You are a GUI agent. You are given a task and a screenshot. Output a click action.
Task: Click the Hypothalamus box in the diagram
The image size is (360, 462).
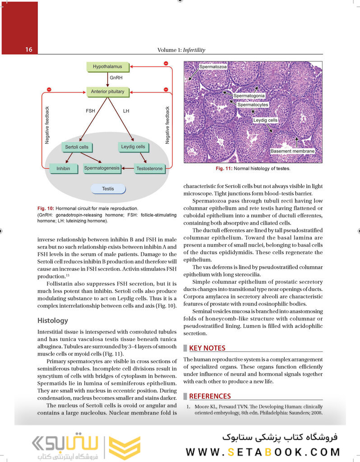click(x=107, y=67)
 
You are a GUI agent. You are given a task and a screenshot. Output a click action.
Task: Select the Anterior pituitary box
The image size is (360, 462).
click(x=107, y=92)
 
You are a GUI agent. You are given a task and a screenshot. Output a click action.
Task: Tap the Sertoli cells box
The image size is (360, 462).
click(x=77, y=147)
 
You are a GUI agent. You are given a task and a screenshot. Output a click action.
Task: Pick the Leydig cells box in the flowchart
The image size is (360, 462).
click(x=133, y=147)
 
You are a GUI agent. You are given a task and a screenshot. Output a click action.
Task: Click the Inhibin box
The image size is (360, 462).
click(x=63, y=169)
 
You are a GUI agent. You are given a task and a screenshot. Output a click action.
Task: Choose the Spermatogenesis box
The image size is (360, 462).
click(x=102, y=168)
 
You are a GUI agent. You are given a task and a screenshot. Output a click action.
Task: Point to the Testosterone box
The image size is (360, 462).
click(x=149, y=169)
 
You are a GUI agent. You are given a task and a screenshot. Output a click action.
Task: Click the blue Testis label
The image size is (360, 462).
click(x=108, y=189)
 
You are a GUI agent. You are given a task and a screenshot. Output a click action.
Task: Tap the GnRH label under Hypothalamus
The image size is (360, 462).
click(x=116, y=78)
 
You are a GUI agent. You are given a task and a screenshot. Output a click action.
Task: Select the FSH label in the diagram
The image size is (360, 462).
click(x=90, y=111)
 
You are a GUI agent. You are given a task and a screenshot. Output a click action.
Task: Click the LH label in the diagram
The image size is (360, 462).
click(x=126, y=111)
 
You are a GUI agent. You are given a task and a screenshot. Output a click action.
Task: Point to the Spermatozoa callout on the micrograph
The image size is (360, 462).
click(x=213, y=67)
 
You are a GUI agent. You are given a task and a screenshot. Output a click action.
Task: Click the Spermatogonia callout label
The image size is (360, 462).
click(x=249, y=96)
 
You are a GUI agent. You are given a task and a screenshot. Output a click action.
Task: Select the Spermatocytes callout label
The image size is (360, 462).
click(x=253, y=105)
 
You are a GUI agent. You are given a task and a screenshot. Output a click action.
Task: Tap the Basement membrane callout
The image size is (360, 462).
click(x=292, y=151)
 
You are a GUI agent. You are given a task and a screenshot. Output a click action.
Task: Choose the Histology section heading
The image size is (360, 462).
click(x=53, y=321)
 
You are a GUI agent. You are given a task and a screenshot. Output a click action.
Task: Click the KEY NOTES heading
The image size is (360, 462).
click(x=207, y=348)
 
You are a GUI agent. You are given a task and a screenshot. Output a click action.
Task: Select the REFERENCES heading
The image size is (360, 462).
click(x=210, y=396)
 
